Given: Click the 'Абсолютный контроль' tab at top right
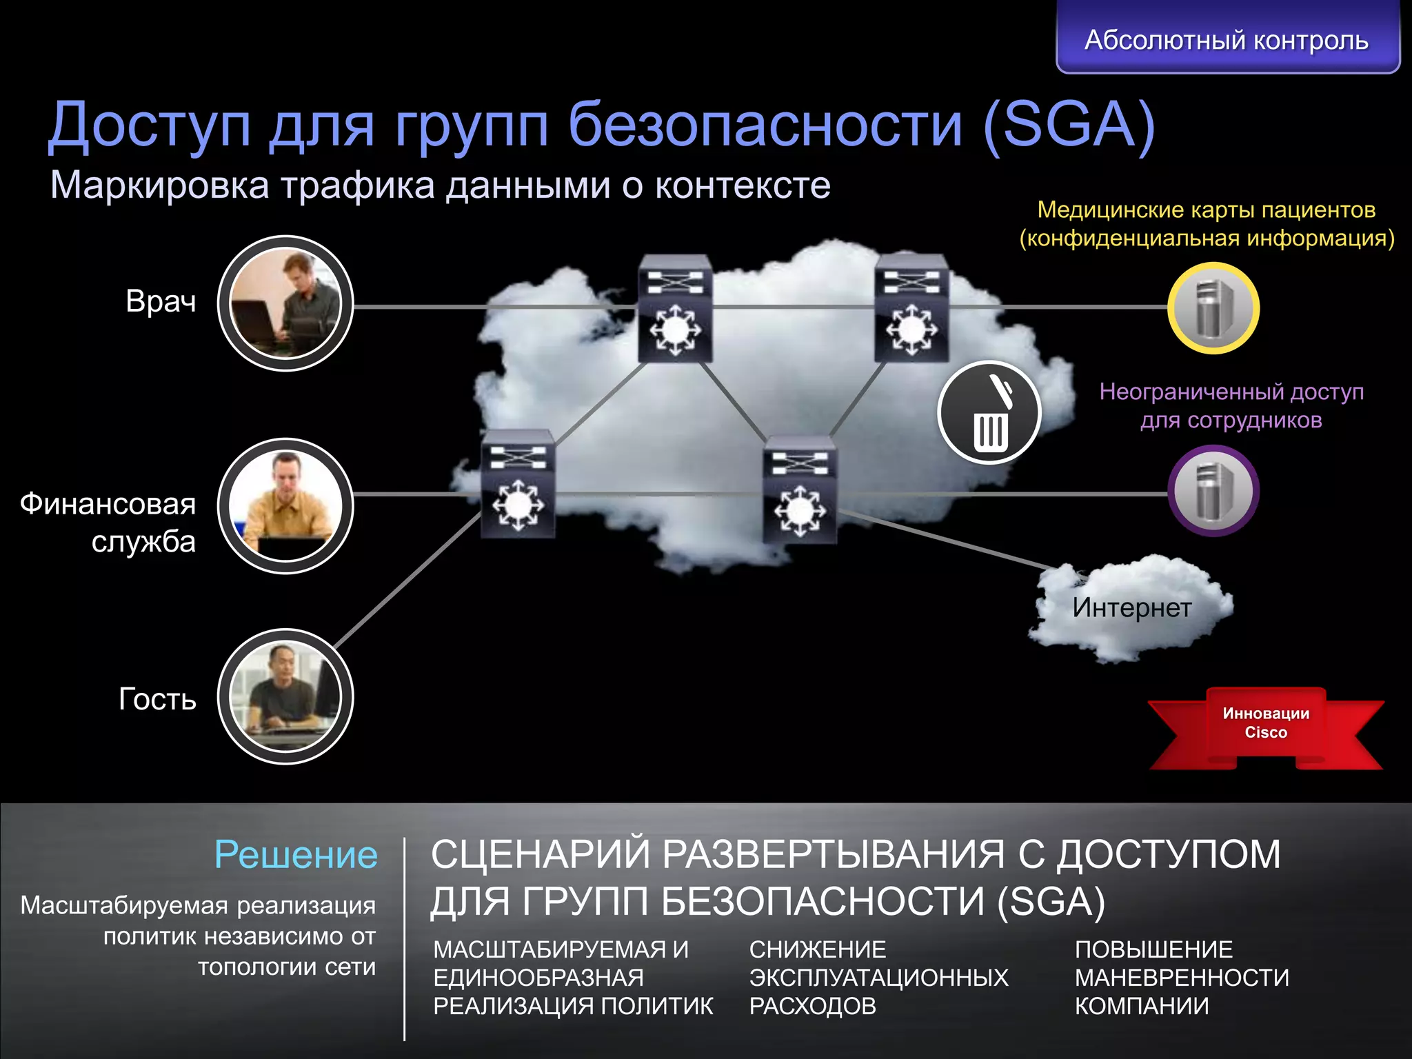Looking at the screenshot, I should [1227, 39].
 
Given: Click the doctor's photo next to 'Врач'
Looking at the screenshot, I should [285, 303].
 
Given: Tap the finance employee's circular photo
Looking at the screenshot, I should [285, 506].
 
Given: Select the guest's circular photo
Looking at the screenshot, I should [285, 696].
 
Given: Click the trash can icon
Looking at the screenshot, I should [989, 412].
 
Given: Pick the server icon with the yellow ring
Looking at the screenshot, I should [1213, 308].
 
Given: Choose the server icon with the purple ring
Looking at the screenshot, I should [1213, 491].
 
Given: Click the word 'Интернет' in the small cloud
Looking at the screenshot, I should [1131, 608].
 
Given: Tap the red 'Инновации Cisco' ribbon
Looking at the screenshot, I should [1266, 724].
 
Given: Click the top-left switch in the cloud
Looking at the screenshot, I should [675, 308].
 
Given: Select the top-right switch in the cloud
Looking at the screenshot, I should [911, 308].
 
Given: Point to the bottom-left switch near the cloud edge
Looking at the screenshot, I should [518, 485].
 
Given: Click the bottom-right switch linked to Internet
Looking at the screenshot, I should [800, 490].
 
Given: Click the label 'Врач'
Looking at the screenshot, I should [161, 302].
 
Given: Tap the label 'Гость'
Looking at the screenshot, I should [157, 699].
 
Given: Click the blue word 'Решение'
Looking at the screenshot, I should [296, 855].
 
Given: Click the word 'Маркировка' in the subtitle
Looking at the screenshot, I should [159, 185].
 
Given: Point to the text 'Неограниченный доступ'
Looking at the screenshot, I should [1231, 392].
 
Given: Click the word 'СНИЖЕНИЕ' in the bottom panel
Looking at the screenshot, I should [818, 950].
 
